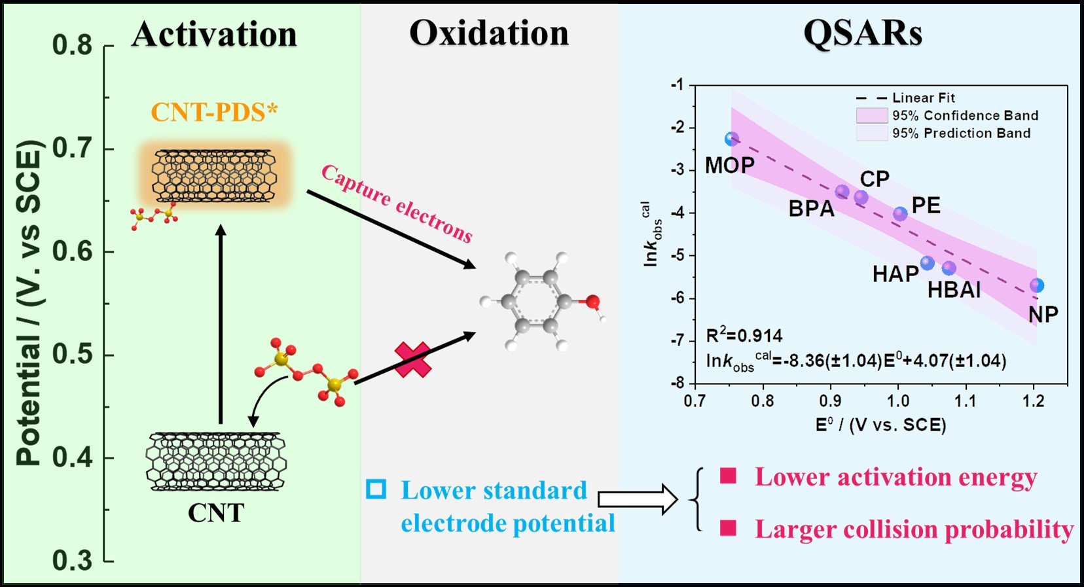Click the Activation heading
[x=214, y=34]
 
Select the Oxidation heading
[x=489, y=33]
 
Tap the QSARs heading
[x=863, y=33]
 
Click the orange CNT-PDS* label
[x=214, y=112]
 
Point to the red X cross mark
[x=413, y=360]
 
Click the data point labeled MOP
[x=732, y=139]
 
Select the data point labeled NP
[x=1037, y=285]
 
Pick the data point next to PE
[x=901, y=214]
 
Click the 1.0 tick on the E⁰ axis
[x=898, y=400]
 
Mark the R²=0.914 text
[x=744, y=336]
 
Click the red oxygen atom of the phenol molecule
[x=592, y=302]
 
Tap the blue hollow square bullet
[x=376, y=489]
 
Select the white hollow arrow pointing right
[x=638, y=500]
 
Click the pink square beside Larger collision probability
[x=728, y=528]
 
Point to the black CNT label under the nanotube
[x=215, y=512]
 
